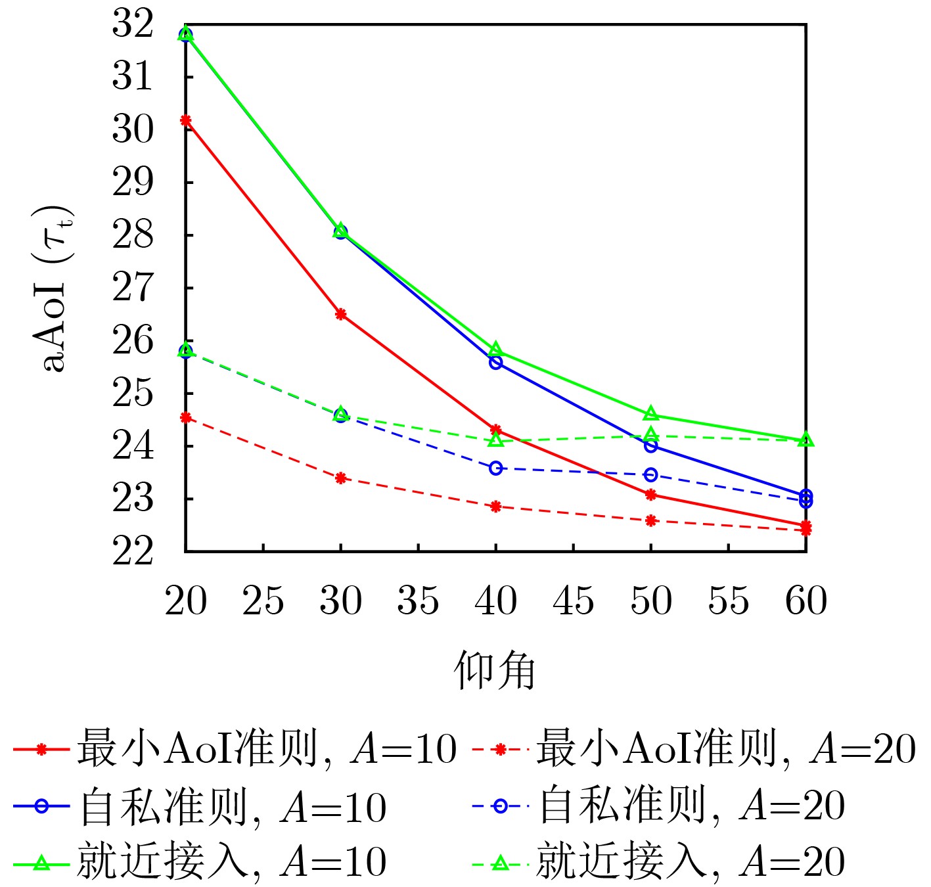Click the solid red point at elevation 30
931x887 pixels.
click(x=340, y=314)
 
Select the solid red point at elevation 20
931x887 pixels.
click(x=186, y=120)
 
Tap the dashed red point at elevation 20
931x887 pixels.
click(x=186, y=417)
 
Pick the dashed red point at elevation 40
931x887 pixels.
click(x=496, y=507)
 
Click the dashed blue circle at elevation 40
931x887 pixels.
click(x=496, y=468)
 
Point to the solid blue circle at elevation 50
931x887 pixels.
click(x=651, y=446)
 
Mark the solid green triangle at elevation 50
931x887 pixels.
click(x=651, y=413)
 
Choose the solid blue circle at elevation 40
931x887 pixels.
click(x=496, y=362)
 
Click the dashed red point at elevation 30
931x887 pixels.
click(x=340, y=478)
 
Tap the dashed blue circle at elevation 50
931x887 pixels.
click(x=651, y=475)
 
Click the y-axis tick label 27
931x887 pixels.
click(x=133, y=288)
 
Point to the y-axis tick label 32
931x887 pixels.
click(x=133, y=24)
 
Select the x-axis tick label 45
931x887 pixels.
click(x=574, y=601)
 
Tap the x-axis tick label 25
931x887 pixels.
click(x=263, y=601)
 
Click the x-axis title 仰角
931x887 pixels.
click(x=495, y=671)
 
